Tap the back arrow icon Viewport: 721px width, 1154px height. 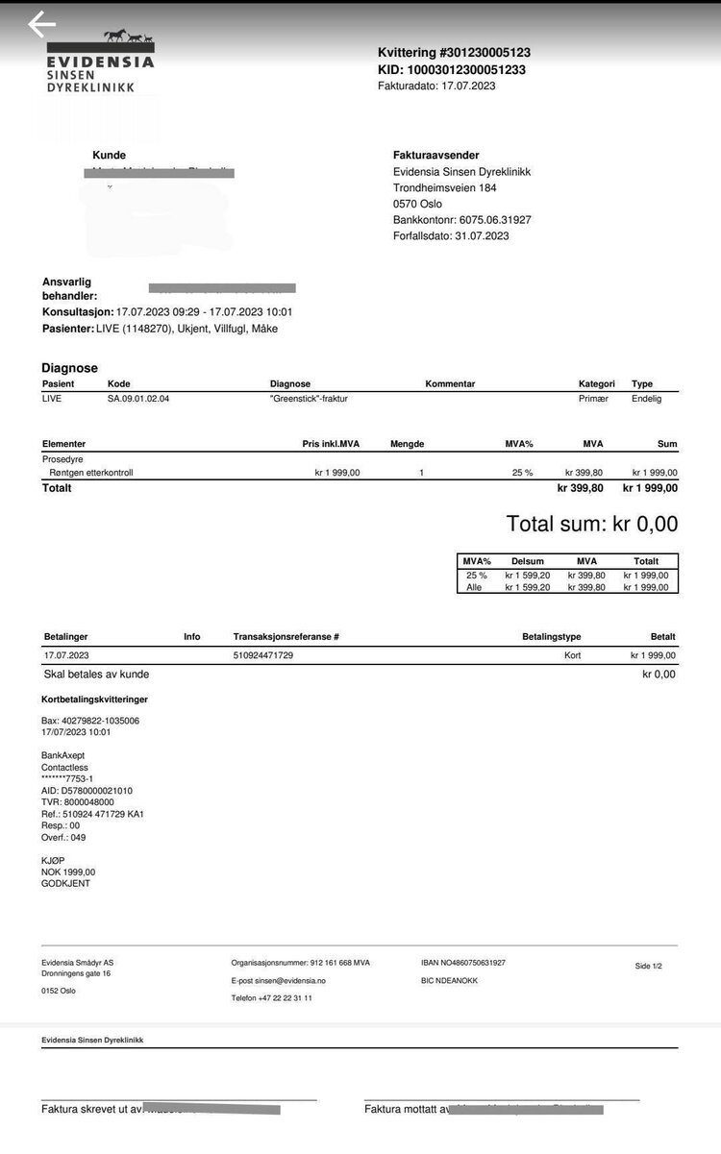pos(41,25)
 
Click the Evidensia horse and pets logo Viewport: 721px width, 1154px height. pos(128,38)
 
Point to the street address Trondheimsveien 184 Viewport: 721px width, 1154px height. pos(445,188)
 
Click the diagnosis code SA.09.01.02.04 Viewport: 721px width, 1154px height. pos(144,399)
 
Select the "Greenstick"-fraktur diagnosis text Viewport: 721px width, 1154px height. pos(315,399)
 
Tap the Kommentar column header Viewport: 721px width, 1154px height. pos(450,384)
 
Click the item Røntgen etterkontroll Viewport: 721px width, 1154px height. pos(92,473)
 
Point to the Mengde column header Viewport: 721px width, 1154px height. pos(407,444)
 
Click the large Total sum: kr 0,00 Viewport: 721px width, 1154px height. pos(591,525)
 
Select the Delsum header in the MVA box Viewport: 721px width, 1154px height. pos(527,561)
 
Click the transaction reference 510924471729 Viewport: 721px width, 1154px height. pos(263,655)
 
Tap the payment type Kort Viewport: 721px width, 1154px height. pos(573,655)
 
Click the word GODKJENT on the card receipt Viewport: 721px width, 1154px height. pos(65,883)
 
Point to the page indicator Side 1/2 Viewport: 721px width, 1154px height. pos(649,966)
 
